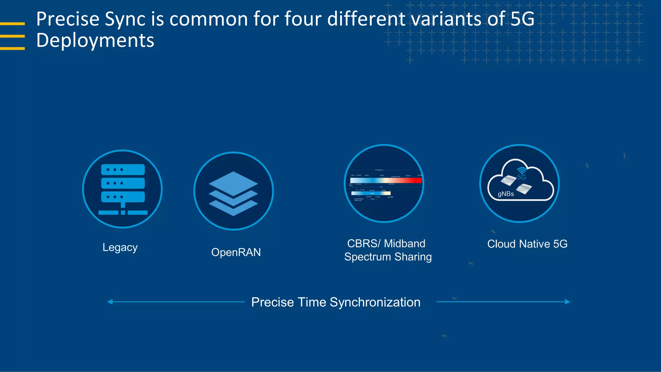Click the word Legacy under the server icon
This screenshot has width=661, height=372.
coord(120,247)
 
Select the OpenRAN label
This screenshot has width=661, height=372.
coord(236,252)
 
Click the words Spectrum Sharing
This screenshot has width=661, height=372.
coord(388,257)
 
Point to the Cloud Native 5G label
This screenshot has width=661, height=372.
coord(527,244)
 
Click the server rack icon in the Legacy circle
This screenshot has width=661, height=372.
coord(123,189)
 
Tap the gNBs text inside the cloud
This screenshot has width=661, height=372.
coord(505,194)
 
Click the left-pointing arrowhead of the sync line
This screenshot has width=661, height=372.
coord(110,302)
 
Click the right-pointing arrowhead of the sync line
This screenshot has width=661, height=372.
coord(567,302)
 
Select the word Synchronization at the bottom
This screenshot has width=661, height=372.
coord(375,303)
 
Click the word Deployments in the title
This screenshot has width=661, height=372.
coord(95,41)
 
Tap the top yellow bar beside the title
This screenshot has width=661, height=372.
coord(12,24)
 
